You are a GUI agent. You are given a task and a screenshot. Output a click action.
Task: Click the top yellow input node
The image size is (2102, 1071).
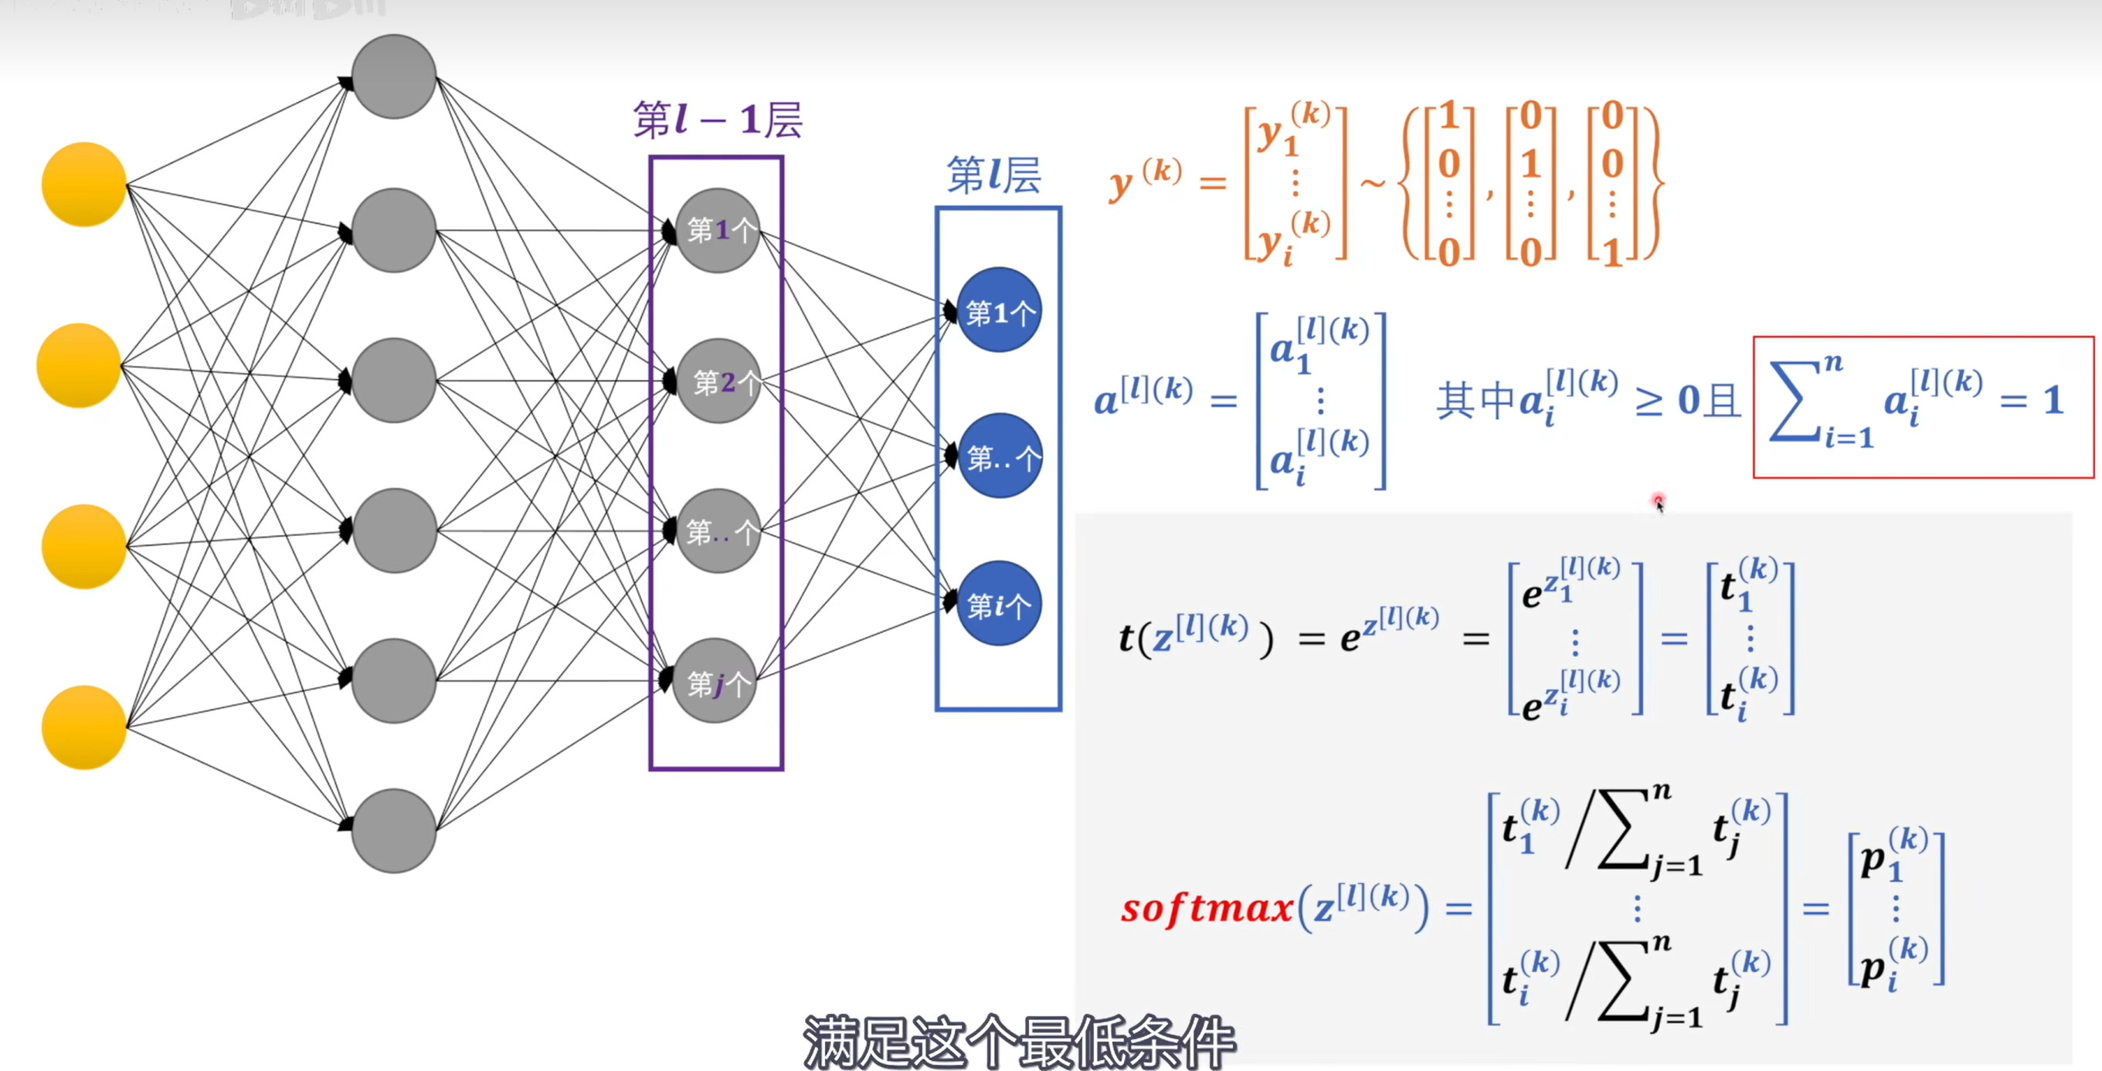tap(84, 185)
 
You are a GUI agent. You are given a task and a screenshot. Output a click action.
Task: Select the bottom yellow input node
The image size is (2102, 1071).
tap(84, 727)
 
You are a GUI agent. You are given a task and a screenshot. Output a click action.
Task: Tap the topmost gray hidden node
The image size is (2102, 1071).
tap(394, 76)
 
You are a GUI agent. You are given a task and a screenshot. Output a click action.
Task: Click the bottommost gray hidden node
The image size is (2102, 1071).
tap(394, 830)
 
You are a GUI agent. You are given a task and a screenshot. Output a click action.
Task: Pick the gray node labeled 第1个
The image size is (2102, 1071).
tap(718, 230)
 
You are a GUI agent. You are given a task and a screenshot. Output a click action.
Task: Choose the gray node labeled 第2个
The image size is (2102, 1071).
tap(718, 381)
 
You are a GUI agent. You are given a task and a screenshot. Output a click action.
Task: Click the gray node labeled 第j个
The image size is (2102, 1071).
tap(715, 681)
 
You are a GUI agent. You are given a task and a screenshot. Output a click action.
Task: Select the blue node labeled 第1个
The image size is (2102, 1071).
tap(999, 310)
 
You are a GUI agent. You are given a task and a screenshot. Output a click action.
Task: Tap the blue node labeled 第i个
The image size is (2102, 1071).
tap(999, 604)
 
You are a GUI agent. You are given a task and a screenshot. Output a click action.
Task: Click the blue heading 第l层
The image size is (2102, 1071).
tap(993, 175)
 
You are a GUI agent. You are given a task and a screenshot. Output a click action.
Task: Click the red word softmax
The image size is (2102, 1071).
tap(1207, 908)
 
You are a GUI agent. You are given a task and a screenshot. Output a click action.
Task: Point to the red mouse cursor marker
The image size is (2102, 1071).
tap(1658, 501)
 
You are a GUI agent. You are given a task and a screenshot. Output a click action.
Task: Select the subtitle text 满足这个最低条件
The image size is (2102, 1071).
tap(1019, 1042)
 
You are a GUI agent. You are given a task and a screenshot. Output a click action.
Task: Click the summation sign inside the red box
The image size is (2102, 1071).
tap(1800, 401)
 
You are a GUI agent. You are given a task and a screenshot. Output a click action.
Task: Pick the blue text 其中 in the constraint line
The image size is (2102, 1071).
tap(1475, 401)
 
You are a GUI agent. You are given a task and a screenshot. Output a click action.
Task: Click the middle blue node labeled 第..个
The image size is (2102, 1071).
tap(999, 457)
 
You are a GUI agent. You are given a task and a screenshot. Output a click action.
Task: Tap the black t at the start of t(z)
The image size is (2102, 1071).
tap(1127, 638)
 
